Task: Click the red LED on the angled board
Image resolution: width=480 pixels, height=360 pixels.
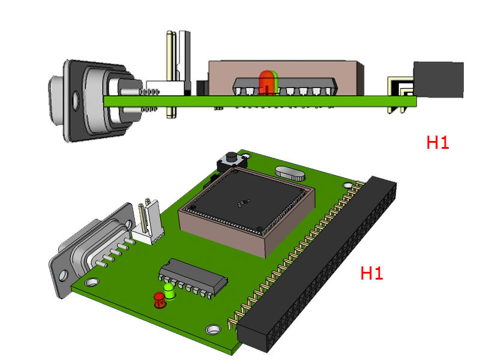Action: (x=158, y=299)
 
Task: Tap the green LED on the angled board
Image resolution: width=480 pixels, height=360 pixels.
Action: (x=170, y=292)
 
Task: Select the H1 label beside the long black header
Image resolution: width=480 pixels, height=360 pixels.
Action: (x=371, y=274)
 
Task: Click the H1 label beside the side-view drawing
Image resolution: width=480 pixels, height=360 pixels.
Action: (x=437, y=143)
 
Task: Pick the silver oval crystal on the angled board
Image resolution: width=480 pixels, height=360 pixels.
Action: (x=289, y=174)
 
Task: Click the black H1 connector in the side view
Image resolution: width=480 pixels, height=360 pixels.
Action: (x=438, y=79)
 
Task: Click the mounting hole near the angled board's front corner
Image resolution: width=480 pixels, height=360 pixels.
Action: (x=212, y=329)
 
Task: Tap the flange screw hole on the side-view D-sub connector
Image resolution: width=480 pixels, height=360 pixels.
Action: (x=75, y=99)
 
